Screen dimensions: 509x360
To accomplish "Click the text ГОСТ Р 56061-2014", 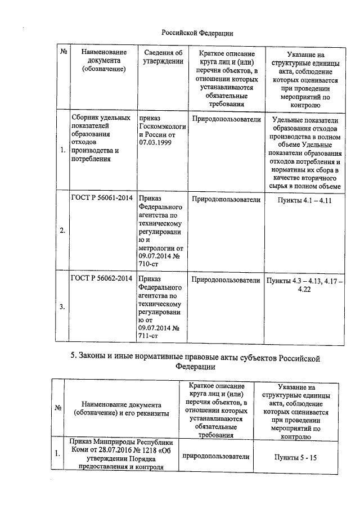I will (x=101, y=199).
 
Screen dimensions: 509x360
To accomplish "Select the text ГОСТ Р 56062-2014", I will (x=101, y=278).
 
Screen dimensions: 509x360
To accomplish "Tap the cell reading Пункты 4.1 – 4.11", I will (x=303, y=200).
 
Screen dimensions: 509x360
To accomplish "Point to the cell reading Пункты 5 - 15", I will (x=297, y=458).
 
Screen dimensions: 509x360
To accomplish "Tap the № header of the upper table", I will (x=64, y=53).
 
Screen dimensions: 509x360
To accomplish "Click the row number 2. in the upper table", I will (x=62, y=230).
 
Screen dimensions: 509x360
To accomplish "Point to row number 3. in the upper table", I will (x=62, y=307).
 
